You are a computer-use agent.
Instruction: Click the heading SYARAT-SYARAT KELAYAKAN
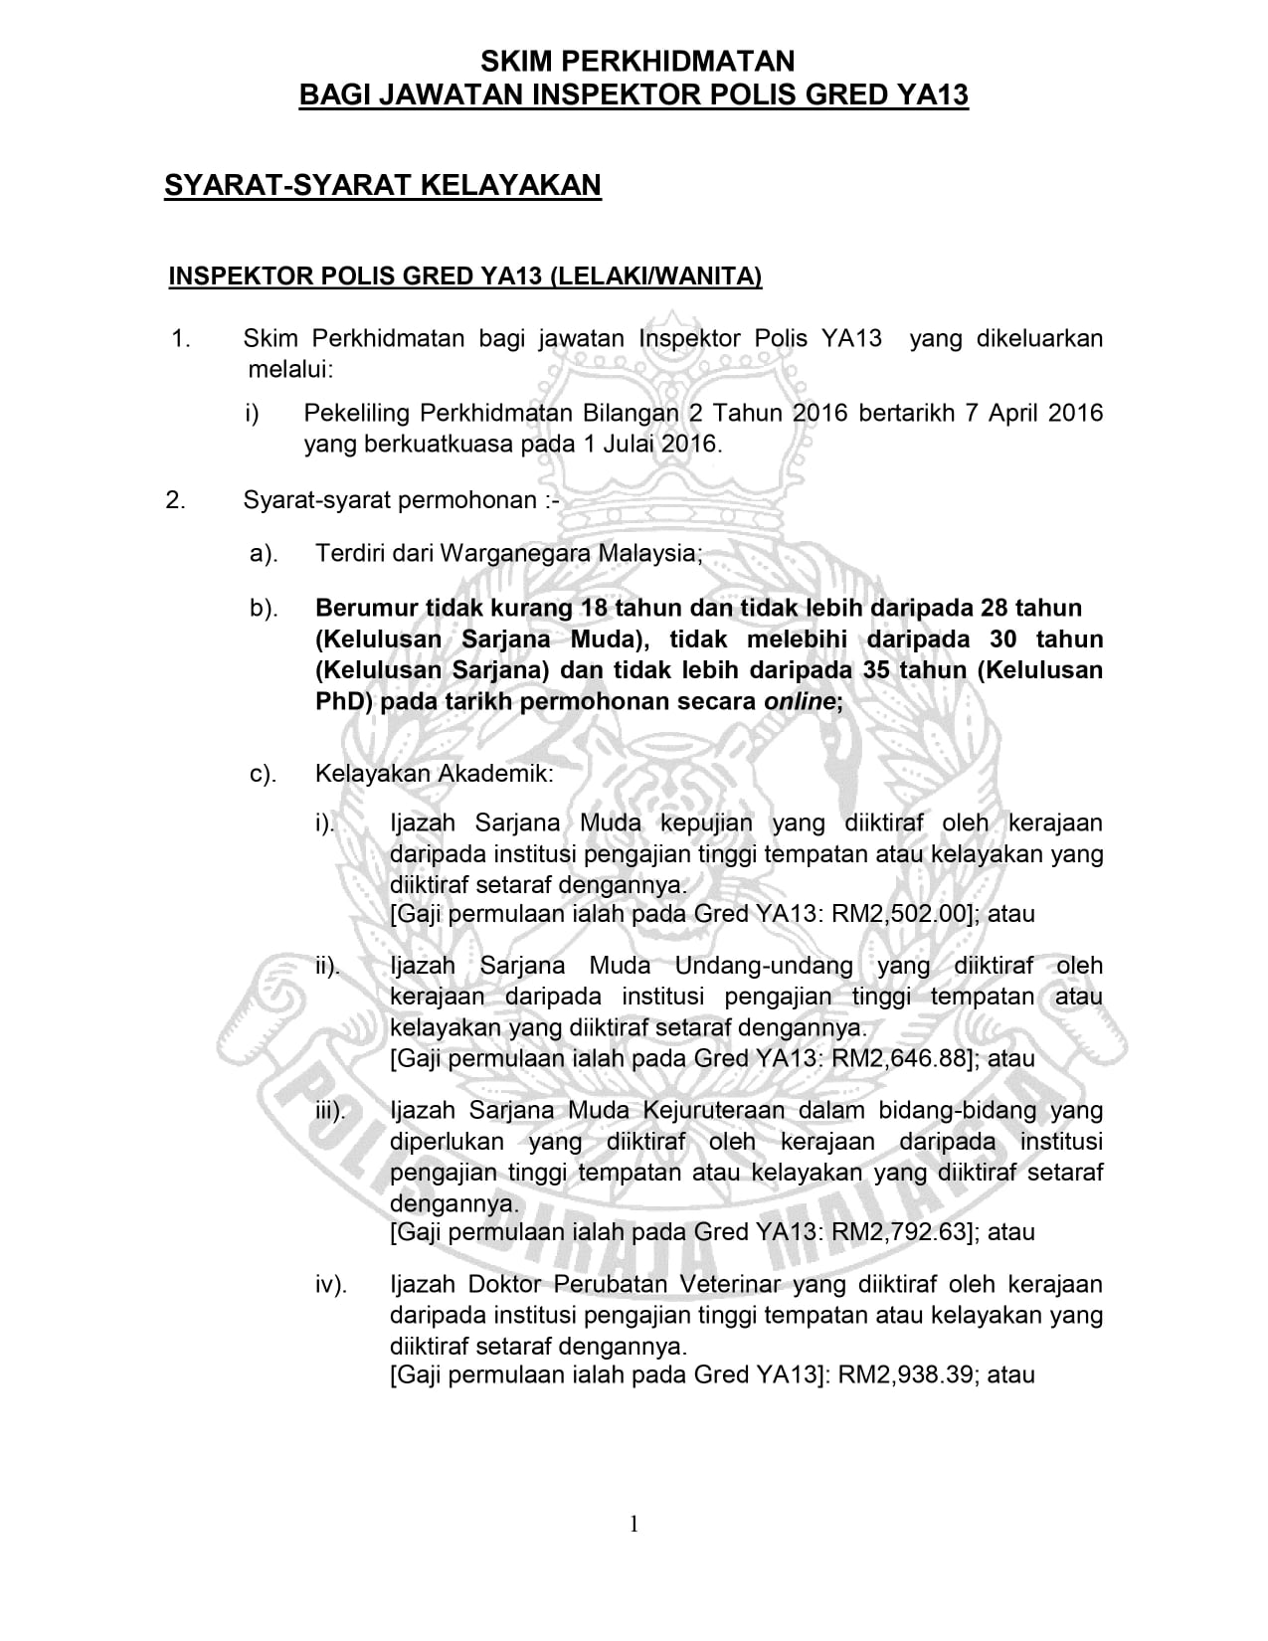pos(383,185)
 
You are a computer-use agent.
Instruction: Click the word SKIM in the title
pos(514,62)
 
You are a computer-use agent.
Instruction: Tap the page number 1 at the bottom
pos(634,1524)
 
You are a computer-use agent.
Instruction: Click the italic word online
pos(799,701)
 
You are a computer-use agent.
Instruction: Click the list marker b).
pos(264,608)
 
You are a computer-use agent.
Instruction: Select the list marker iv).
pos(331,1285)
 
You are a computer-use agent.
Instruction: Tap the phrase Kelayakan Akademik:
pos(435,773)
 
